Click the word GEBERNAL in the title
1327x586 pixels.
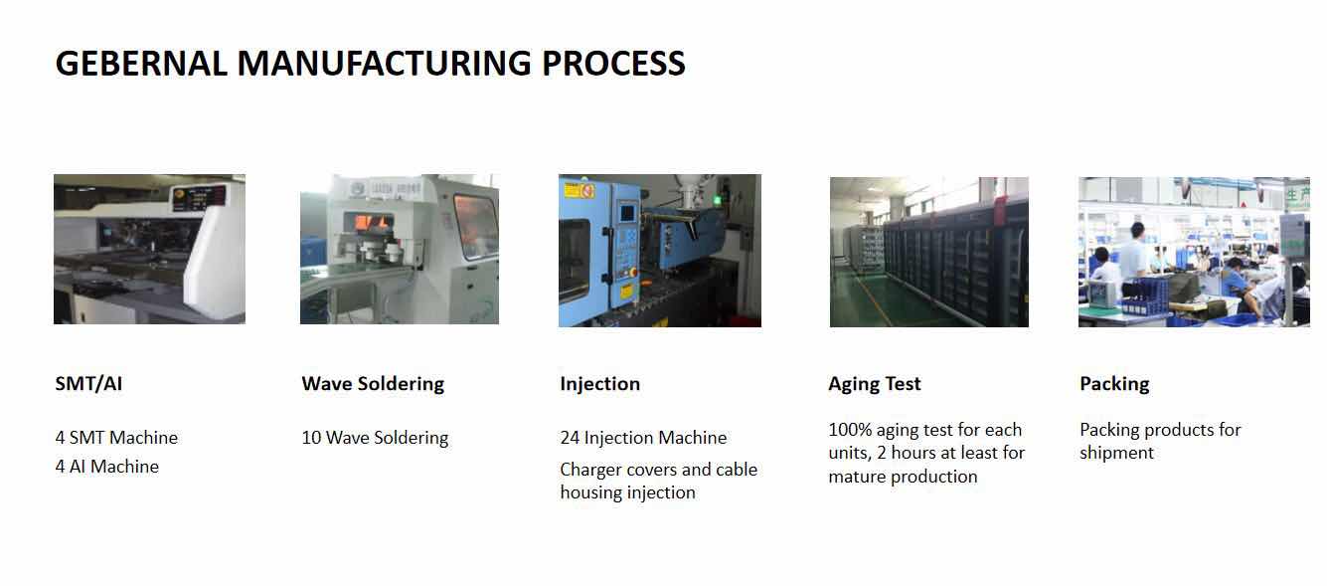click(x=141, y=64)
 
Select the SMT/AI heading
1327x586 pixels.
click(x=88, y=384)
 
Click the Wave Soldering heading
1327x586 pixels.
click(x=373, y=384)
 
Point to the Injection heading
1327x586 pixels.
click(x=599, y=384)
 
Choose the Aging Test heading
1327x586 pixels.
click(x=875, y=384)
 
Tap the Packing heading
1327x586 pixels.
click(x=1114, y=384)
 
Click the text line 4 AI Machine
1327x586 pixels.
click(x=107, y=467)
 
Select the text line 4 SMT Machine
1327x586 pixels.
click(x=116, y=438)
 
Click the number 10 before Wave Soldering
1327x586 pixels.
click(x=311, y=438)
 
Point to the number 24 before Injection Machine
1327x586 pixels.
click(x=570, y=438)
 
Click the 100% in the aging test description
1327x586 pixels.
click(x=850, y=430)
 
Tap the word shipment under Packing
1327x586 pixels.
click(x=1116, y=453)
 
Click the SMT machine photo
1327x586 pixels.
click(x=149, y=249)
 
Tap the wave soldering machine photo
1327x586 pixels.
click(x=400, y=249)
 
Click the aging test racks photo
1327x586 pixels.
click(x=928, y=252)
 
